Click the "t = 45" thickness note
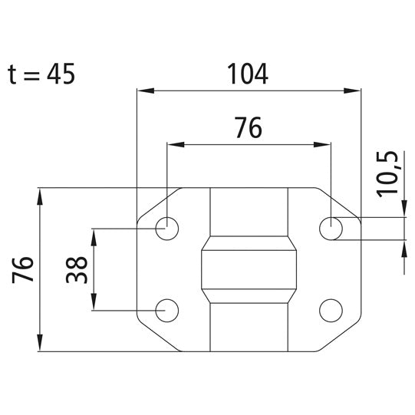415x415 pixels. click(x=42, y=74)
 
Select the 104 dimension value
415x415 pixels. click(x=248, y=74)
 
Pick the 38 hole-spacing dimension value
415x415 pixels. click(x=76, y=269)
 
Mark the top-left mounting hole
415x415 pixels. click(x=166, y=227)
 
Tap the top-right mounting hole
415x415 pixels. click(x=331, y=227)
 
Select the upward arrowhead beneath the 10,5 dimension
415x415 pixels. click(x=403, y=247)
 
